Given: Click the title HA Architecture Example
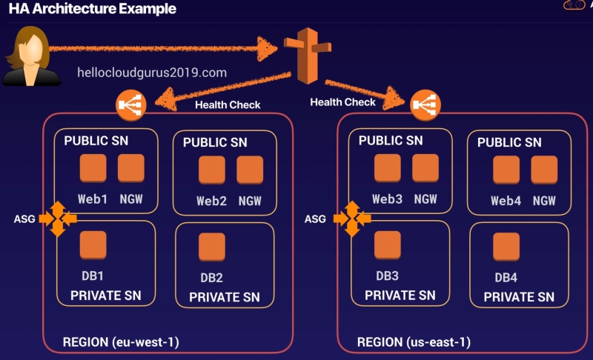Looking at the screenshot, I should click(x=93, y=10).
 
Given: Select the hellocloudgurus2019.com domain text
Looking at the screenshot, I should click(x=151, y=73).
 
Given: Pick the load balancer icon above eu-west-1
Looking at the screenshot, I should click(x=131, y=107).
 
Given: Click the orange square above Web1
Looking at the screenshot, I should click(x=93, y=169).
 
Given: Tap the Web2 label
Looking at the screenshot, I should click(x=211, y=201).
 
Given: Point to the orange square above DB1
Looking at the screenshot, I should click(x=93, y=245).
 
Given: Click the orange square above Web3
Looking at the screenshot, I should click(x=387, y=168).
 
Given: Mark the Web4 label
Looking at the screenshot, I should click(x=506, y=201).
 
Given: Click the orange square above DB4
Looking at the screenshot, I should click(x=506, y=246).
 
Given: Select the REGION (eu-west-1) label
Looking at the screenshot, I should click(x=121, y=342).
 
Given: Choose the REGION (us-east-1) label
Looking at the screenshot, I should click(x=414, y=342).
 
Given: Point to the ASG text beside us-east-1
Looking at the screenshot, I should click(x=315, y=219).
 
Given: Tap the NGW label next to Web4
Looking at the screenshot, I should click(x=544, y=201).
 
